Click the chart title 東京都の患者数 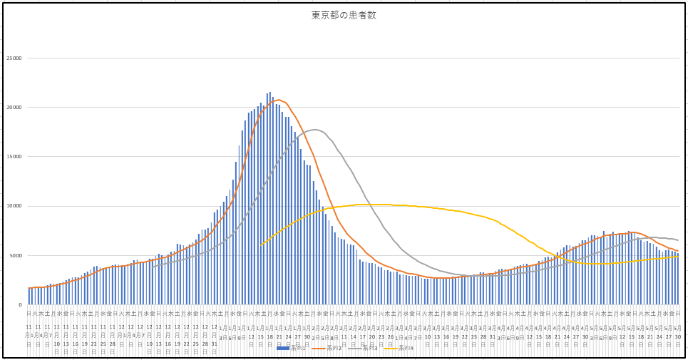(x=343, y=16)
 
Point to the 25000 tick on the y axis (x=14, y=58)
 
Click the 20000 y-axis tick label (x=14, y=108)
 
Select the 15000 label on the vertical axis (x=14, y=157)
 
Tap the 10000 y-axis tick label (x=14, y=206)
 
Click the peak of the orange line (x=278, y=100)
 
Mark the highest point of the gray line (x=314, y=130)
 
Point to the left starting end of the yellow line (x=261, y=245)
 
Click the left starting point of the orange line (x=29, y=288)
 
